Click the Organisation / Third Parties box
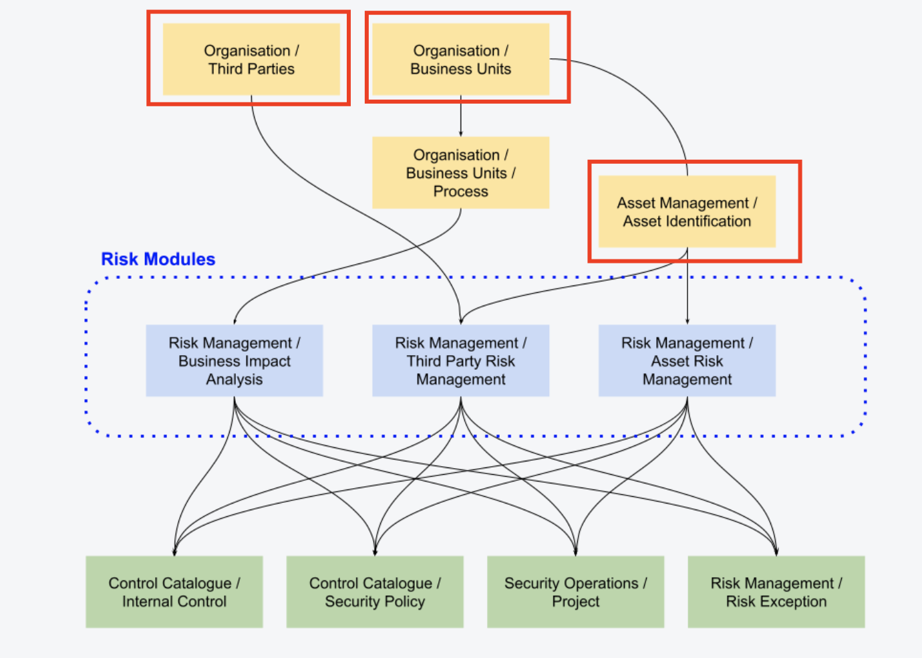point(251,60)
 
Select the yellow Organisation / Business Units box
point(460,60)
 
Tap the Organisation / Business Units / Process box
point(460,173)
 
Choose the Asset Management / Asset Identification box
point(687,212)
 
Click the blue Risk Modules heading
point(158,259)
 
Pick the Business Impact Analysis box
point(234,361)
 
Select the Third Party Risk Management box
point(460,361)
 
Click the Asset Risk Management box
point(687,361)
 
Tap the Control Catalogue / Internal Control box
point(174,592)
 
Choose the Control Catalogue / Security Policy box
point(375,592)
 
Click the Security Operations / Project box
point(575,592)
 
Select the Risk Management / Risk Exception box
point(776,592)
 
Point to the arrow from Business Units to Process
point(460,116)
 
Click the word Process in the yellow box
point(460,192)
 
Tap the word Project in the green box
point(575,602)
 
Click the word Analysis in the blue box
point(234,380)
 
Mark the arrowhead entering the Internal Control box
point(174,552)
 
